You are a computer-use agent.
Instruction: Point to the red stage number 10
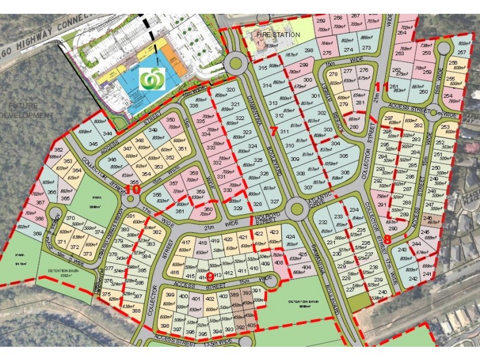(x=133, y=189)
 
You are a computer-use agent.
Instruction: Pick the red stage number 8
(x=387, y=239)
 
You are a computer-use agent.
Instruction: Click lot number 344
(x=107, y=134)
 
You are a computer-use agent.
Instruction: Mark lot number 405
(x=251, y=326)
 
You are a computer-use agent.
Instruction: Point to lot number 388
(x=136, y=311)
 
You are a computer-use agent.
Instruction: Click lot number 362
(x=58, y=150)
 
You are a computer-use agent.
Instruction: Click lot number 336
(x=194, y=106)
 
